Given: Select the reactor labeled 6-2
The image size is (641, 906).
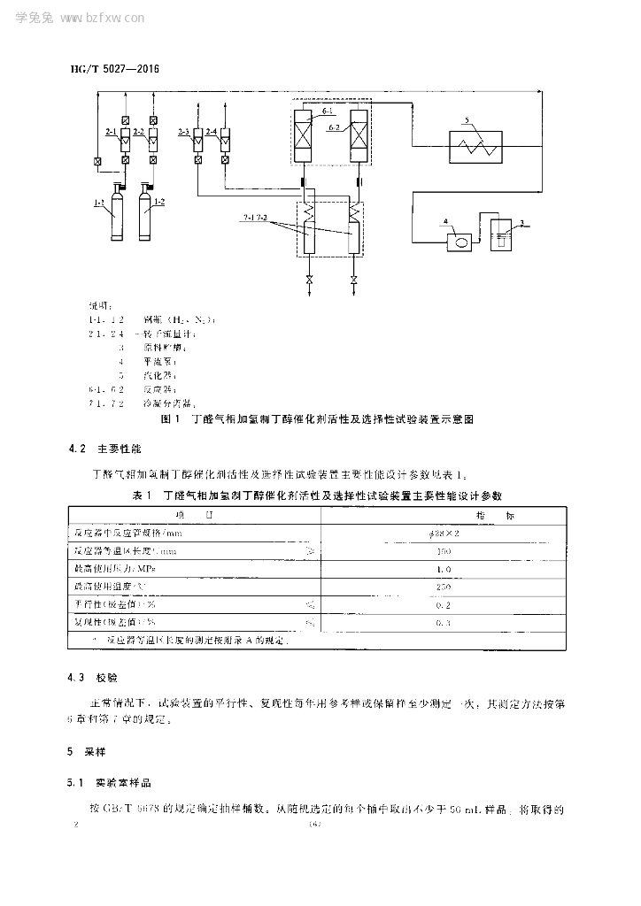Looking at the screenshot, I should (x=360, y=134).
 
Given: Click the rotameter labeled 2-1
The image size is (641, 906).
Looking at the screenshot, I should (x=126, y=139).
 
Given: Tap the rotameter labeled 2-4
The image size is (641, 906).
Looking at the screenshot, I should (x=225, y=139).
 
